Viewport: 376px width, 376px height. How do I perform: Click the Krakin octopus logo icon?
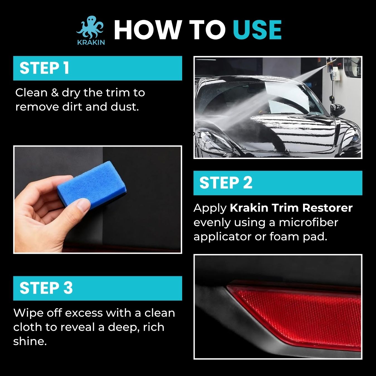point(91,27)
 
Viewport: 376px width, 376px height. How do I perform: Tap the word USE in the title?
point(257,30)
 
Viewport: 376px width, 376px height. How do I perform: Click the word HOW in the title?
point(148,30)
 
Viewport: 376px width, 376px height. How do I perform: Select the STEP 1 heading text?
point(44,68)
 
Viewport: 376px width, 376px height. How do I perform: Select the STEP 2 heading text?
point(226,183)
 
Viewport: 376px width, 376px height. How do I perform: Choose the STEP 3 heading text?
point(46,288)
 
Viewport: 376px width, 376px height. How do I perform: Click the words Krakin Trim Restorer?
point(291,208)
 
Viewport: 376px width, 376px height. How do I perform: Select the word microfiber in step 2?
point(308,222)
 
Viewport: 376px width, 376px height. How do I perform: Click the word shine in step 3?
point(30,341)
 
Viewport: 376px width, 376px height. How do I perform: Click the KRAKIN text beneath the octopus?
point(91,42)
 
